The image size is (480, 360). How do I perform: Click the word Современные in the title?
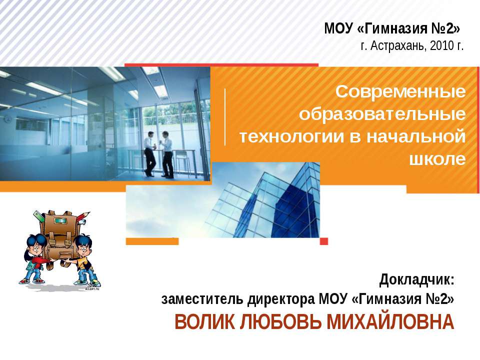point(400,92)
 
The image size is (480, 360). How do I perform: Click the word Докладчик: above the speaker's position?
point(416,278)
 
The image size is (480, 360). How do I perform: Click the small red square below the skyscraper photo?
point(323,241)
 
